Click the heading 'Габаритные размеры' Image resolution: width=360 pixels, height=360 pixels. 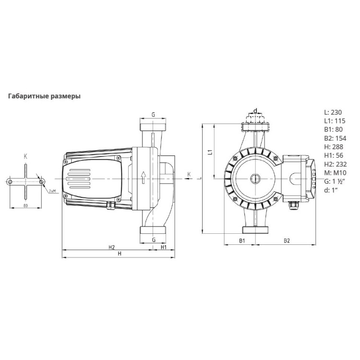tap(44, 96)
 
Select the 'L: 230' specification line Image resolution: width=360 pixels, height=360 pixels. tap(333, 112)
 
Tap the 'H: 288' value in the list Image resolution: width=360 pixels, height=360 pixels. tap(334, 147)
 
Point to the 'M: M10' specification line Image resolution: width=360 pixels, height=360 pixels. tap(335, 173)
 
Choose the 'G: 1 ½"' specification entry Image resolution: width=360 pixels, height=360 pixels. tap(335, 181)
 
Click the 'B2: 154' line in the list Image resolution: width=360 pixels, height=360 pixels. tap(335, 138)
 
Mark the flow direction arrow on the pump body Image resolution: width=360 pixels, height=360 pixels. tap(144, 178)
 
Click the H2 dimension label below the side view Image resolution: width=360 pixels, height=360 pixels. tap(111, 247)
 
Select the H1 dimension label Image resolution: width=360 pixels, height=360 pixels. tap(164, 247)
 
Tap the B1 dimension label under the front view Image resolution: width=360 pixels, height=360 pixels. tap(242, 240)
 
